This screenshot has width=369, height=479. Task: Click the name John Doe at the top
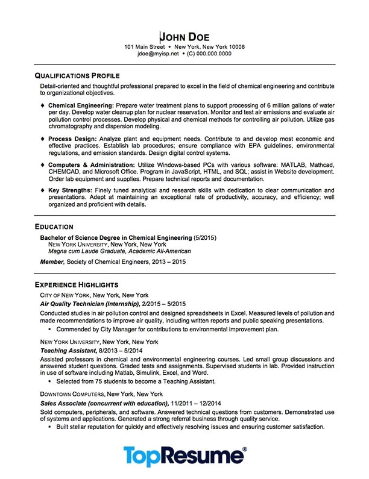click(x=184, y=36)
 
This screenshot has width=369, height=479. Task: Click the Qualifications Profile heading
click(x=77, y=76)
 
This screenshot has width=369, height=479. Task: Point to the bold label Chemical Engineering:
click(x=77, y=105)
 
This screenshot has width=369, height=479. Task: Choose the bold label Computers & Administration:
click(x=92, y=164)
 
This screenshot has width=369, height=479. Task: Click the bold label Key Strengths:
click(x=68, y=190)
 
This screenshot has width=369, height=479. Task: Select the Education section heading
click(x=54, y=227)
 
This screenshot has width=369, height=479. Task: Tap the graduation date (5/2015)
click(x=205, y=237)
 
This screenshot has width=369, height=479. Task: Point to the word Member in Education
click(x=51, y=262)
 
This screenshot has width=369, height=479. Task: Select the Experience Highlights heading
click(x=77, y=284)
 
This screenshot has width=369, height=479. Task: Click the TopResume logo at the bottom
click(x=184, y=457)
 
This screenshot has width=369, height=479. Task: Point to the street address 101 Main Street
click(x=144, y=46)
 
